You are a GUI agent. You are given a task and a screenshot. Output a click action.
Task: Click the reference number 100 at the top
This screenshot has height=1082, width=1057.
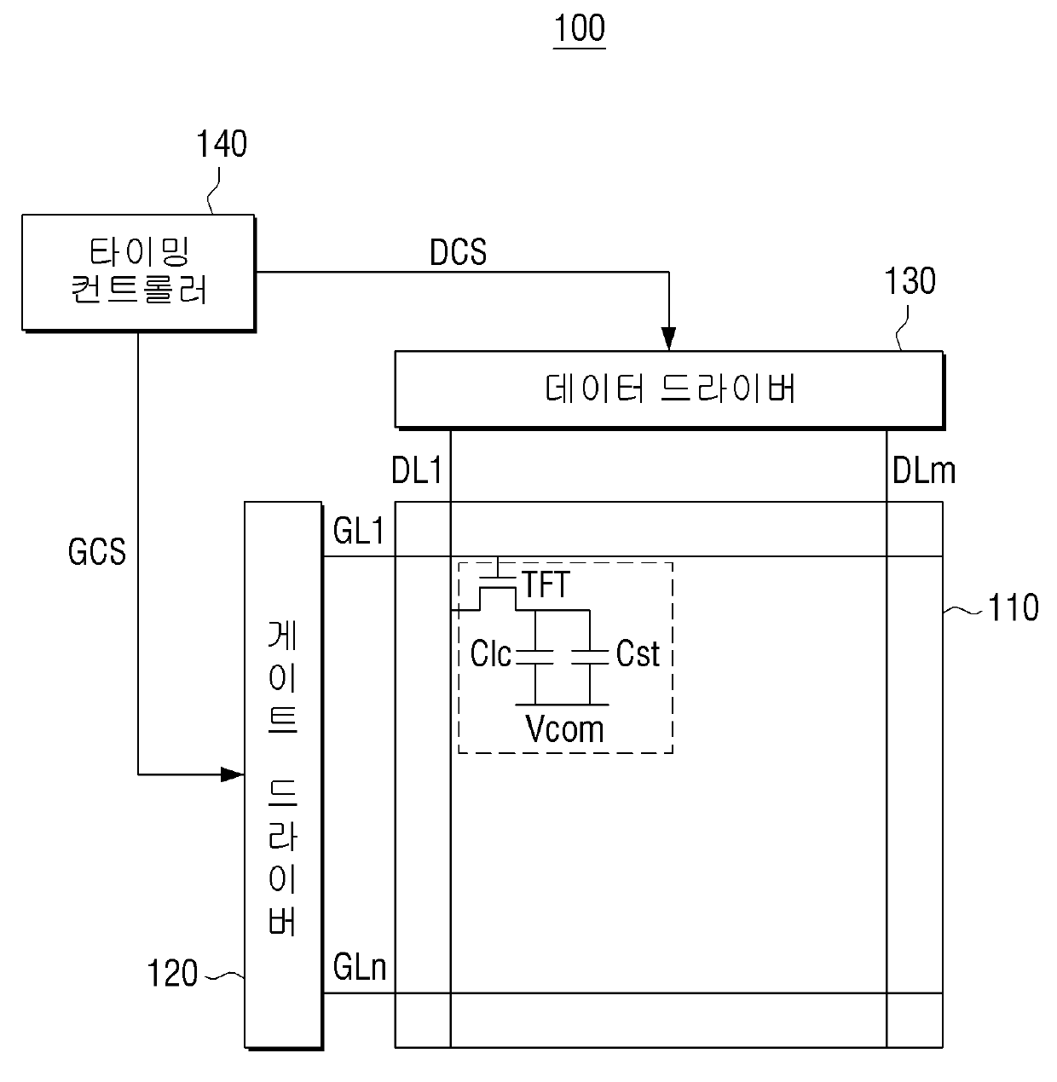click(579, 28)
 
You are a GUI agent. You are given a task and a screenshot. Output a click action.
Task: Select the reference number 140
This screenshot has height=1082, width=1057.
click(222, 144)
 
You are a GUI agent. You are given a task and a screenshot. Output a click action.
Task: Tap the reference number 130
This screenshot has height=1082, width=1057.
click(910, 281)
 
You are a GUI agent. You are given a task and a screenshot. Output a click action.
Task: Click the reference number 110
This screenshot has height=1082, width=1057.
click(1013, 607)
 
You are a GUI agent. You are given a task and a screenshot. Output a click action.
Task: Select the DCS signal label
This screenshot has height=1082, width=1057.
click(458, 252)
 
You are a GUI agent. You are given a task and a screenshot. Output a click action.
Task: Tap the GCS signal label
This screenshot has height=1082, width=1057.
click(97, 552)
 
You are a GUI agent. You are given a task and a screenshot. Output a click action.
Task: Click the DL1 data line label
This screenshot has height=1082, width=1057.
click(417, 470)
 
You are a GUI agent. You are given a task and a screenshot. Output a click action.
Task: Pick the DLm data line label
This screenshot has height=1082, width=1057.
click(923, 471)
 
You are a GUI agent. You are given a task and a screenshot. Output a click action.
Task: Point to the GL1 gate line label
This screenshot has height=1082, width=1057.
click(359, 531)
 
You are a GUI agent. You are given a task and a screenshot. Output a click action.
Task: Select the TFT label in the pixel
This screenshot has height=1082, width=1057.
click(545, 584)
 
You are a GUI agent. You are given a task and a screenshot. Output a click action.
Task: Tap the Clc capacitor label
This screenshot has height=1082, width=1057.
click(490, 653)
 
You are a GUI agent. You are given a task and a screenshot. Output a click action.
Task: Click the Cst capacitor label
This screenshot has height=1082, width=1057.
click(638, 653)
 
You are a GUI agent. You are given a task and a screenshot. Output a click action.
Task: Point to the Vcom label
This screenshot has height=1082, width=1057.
click(564, 728)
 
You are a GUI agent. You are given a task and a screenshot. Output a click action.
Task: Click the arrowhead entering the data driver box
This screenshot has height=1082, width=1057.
click(668, 338)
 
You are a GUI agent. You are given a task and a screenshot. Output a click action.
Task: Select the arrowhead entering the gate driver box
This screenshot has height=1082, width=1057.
click(233, 774)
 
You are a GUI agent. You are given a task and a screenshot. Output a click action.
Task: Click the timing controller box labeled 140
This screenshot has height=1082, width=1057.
click(139, 273)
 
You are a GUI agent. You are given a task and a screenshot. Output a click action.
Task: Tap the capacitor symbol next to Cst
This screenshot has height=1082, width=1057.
click(590, 657)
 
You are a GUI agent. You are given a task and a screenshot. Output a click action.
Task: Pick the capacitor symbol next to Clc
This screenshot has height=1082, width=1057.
click(535, 657)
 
